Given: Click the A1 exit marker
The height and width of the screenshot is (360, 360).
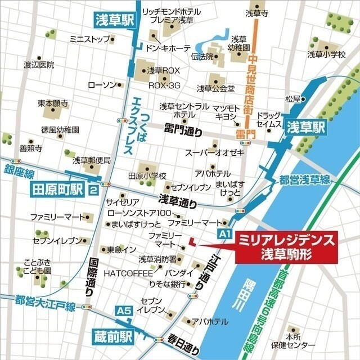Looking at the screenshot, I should click(x=225, y=233).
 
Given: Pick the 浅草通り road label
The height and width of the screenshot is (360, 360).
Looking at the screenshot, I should click(x=178, y=199).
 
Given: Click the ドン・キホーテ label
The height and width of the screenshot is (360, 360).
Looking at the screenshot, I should click(x=168, y=48).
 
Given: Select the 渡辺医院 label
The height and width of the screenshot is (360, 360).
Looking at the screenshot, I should click(x=39, y=65).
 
